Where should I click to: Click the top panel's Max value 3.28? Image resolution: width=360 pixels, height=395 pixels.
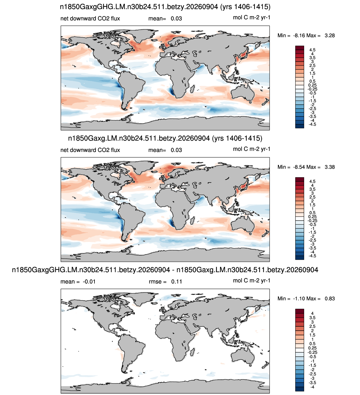[x=329, y=35]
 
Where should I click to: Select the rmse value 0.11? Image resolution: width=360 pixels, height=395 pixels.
[x=177, y=282]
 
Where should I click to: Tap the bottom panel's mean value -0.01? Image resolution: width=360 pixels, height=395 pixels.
[x=89, y=282]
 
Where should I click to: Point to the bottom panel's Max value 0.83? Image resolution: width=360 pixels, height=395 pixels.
[x=329, y=298]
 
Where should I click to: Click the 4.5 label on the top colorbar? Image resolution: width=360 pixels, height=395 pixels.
[x=312, y=50]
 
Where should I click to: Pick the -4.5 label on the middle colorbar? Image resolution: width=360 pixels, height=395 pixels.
[x=312, y=256]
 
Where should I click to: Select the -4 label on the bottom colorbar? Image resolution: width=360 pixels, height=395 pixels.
[x=312, y=387]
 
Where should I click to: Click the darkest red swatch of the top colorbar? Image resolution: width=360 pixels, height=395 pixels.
[x=300, y=48]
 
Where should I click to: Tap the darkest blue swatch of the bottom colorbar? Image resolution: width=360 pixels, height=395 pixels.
[x=300, y=389]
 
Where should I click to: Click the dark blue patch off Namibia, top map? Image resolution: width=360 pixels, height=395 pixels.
[x=171, y=92]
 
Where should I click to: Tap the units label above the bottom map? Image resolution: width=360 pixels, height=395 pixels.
[x=252, y=281]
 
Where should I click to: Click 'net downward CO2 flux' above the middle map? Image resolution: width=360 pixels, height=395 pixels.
[x=90, y=150]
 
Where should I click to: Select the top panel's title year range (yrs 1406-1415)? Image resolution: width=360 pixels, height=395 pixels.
[x=245, y=7]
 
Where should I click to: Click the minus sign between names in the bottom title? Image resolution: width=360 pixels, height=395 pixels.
[x=173, y=270]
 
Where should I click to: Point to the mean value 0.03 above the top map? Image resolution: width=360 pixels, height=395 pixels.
[x=176, y=18]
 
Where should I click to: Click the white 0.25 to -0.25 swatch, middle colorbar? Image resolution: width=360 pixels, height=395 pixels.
[x=300, y=219]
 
